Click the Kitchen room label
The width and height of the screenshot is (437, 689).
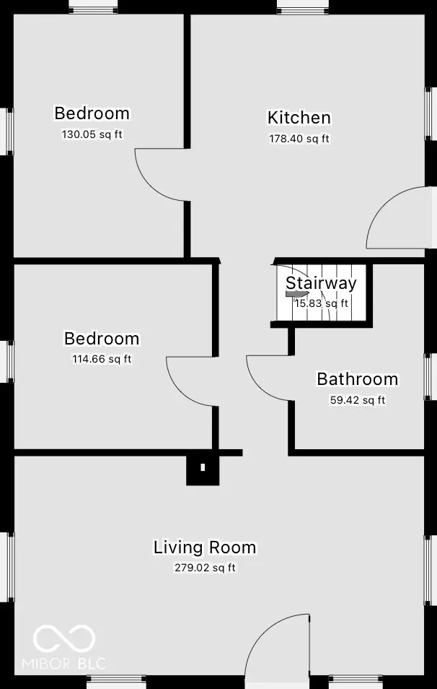pos(299,118)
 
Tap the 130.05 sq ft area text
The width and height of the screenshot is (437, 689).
pos(92,134)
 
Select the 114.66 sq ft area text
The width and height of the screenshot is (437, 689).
pos(102,359)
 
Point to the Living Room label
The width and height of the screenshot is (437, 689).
pos(205,547)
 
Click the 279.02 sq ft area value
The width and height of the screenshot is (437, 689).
pos(205,568)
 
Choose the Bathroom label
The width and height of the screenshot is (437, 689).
pos(357,379)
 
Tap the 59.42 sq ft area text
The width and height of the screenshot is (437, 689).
pos(357,399)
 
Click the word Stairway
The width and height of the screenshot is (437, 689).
pos(321,283)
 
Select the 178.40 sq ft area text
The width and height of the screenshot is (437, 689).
pos(299,139)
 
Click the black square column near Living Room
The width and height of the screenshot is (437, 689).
pos(202,468)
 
